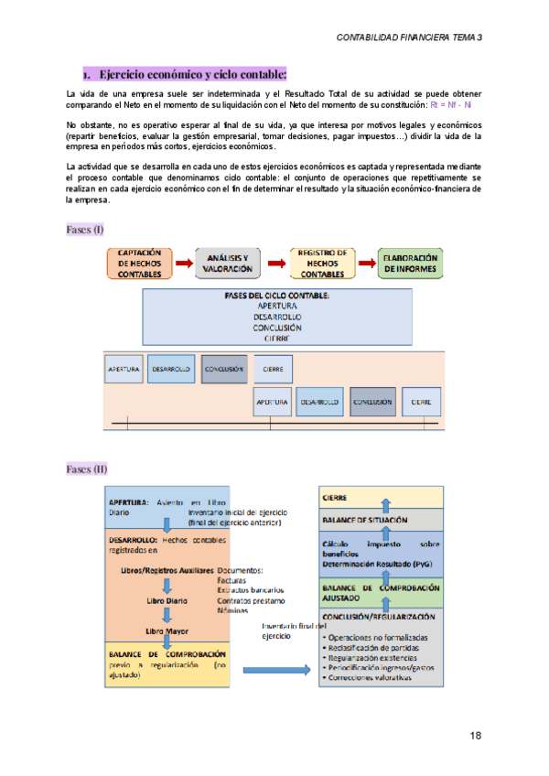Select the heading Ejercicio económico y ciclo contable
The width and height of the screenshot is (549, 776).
pyautogui.click(x=192, y=73)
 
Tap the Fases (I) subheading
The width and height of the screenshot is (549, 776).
pyautogui.click(x=85, y=229)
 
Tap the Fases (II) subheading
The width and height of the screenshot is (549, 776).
pyautogui.click(x=87, y=469)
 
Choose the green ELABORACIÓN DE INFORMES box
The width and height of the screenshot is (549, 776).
pyautogui.click(x=411, y=264)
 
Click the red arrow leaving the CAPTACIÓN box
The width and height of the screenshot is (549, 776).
pyautogui.click(x=184, y=264)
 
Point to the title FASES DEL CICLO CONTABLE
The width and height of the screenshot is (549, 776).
pyautogui.click(x=277, y=296)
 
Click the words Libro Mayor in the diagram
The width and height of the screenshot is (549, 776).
pyautogui.click(x=167, y=631)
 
